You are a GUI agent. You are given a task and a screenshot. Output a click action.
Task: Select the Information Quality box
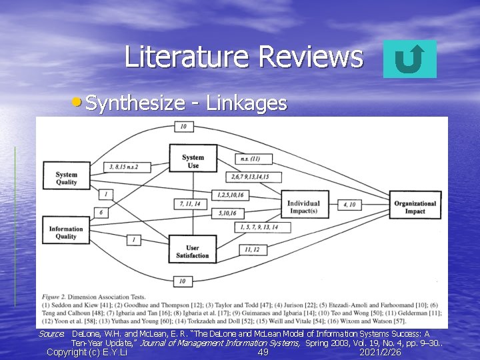(x=66, y=233)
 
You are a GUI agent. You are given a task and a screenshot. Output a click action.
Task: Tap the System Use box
(x=193, y=161)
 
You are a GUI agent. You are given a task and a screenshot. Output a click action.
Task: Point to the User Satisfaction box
(x=193, y=251)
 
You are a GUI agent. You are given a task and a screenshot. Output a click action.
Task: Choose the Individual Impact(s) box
(x=303, y=207)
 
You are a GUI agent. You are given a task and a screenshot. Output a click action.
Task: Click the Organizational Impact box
(x=415, y=207)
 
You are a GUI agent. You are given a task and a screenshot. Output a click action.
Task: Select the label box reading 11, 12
(x=252, y=249)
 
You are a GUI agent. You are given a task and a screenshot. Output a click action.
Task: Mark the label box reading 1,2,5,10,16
(x=231, y=194)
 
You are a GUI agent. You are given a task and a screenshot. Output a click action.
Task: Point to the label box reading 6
(x=101, y=212)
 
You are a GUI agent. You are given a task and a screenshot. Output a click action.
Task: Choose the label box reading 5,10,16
(x=227, y=213)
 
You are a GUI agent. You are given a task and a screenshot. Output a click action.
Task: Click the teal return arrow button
(x=410, y=59)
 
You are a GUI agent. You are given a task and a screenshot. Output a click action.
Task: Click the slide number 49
(x=263, y=352)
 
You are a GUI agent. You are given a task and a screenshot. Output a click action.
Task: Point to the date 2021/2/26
(x=380, y=352)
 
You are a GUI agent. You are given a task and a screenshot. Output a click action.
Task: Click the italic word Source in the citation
(x=51, y=333)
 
